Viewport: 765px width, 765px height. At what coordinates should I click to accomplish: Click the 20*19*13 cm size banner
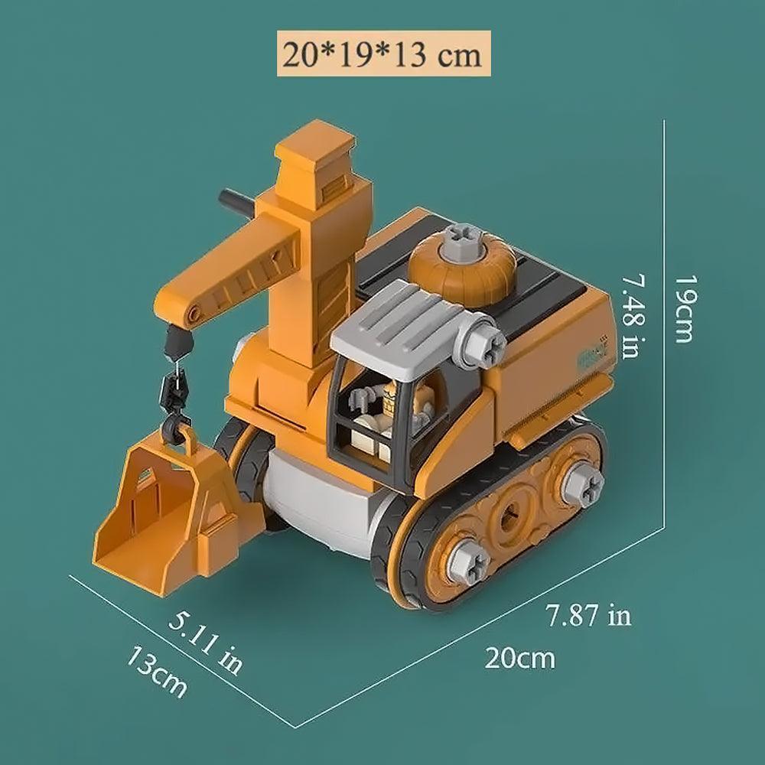[382, 56]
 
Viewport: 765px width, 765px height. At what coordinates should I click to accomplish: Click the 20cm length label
[519, 657]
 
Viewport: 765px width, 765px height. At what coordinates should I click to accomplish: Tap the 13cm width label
[157, 671]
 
